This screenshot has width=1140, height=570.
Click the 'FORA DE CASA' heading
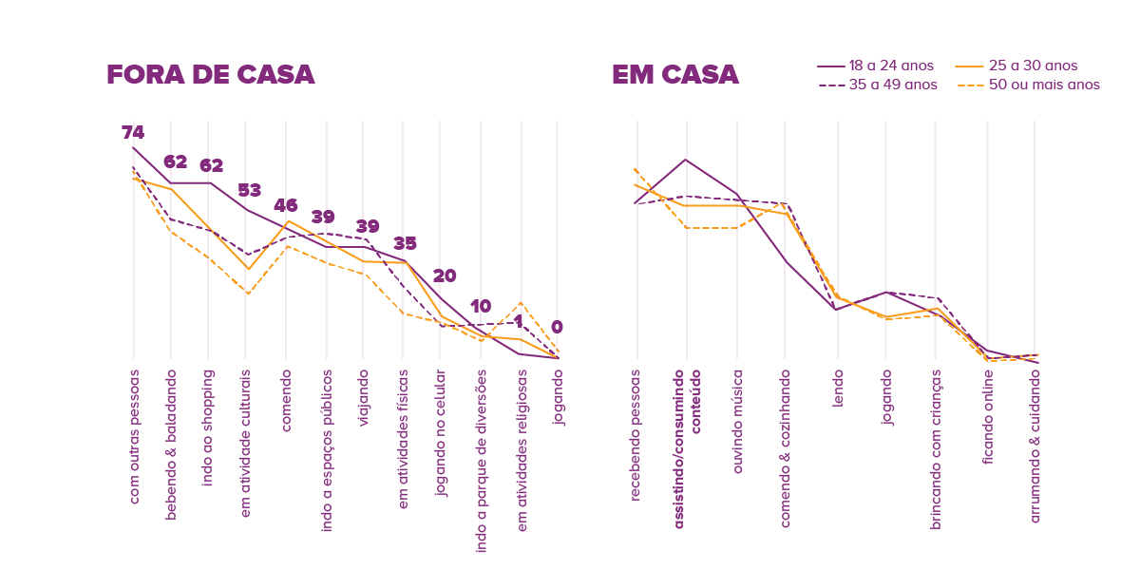coord(210,75)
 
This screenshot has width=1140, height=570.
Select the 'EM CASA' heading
coord(674,75)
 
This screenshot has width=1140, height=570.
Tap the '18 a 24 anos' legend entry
coord(891,66)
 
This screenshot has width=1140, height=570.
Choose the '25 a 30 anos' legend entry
coord(1032,66)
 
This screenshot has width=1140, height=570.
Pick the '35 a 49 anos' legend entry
coord(891,85)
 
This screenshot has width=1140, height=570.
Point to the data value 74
coord(133,133)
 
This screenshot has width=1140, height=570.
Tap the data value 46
coord(286,205)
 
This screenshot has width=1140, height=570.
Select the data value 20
coord(445,276)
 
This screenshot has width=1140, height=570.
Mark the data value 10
coord(481,306)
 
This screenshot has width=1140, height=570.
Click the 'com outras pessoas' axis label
coord(133,436)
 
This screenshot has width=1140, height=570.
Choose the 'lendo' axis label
coord(838,387)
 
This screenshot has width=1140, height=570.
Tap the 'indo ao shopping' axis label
coord(209,427)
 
